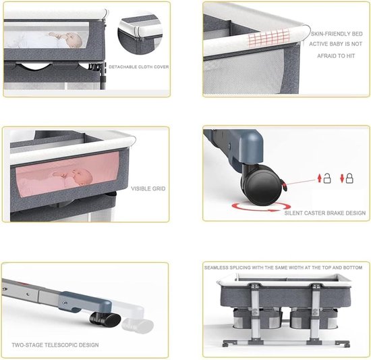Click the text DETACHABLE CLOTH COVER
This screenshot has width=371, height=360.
click(x=139, y=67)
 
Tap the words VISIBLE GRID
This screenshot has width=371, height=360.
click(x=148, y=188)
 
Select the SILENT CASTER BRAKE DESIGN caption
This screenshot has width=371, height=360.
click(x=325, y=213)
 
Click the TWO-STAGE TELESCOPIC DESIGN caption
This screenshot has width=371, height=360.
click(x=55, y=345)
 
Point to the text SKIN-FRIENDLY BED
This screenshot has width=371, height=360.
click(x=337, y=34)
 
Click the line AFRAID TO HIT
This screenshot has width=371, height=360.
click(x=336, y=56)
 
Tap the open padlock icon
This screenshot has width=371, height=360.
click(x=327, y=178)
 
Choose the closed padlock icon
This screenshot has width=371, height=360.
click(x=349, y=178)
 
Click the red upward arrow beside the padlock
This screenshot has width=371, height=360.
click(x=320, y=178)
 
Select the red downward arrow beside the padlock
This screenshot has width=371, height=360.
click(x=342, y=178)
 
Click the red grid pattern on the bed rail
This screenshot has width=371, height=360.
click(x=268, y=37)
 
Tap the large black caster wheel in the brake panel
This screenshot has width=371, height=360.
click(x=262, y=186)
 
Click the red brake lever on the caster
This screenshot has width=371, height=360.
click(x=284, y=185)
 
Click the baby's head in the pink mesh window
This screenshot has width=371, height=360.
click(x=82, y=177)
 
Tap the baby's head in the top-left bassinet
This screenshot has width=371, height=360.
click(x=74, y=41)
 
